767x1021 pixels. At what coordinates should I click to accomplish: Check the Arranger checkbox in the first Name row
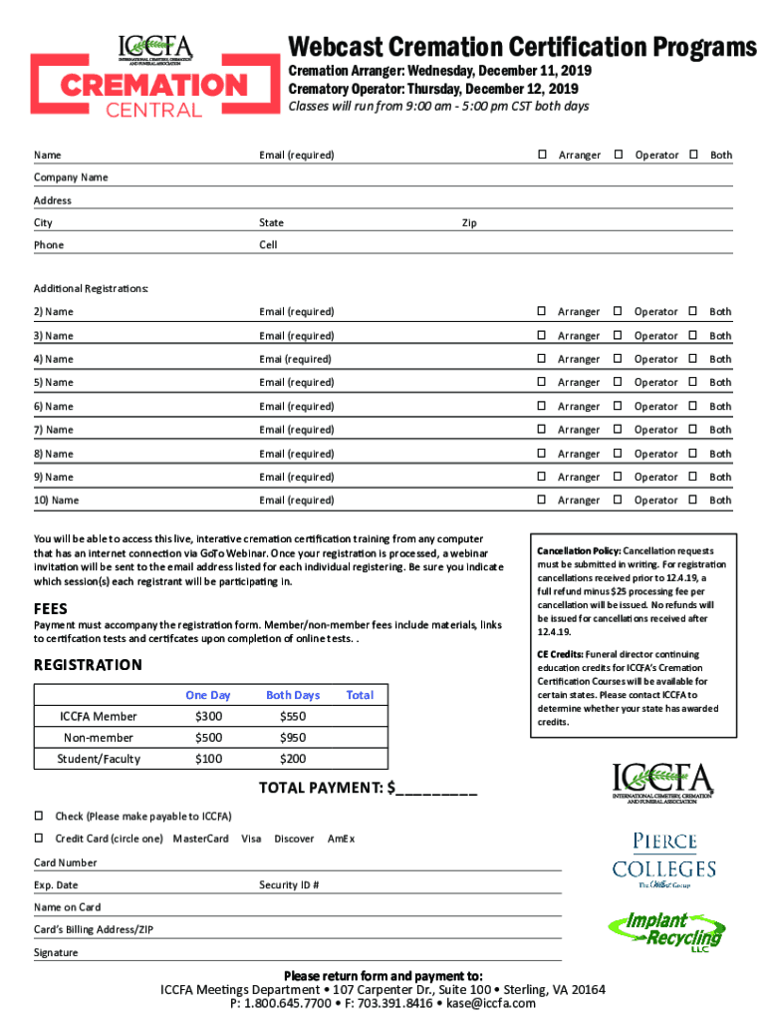[x=543, y=155]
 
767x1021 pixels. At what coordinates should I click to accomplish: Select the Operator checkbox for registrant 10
[x=619, y=500]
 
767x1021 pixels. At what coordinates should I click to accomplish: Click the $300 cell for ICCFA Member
[x=209, y=716]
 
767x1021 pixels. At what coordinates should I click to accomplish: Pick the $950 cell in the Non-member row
[x=293, y=738]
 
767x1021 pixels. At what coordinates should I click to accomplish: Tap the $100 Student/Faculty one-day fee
[x=209, y=759]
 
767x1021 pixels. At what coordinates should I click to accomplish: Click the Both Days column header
[x=293, y=695]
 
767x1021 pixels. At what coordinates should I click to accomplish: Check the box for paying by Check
[x=40, y=816]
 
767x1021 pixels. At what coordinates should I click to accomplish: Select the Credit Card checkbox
[x=40, y=838]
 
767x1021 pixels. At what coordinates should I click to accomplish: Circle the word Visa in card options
[x=251, y=839]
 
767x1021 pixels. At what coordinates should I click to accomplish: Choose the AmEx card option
[x=341, y=839]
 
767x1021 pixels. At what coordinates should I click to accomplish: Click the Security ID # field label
[x=289, y=884]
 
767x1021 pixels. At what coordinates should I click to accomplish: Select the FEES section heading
[x=50, y=608]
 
